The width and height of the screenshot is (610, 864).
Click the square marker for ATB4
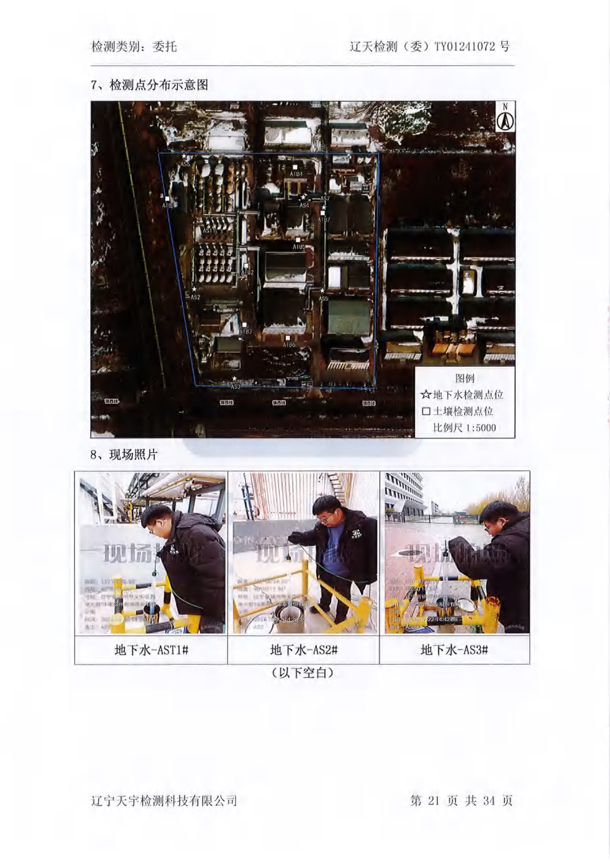click(295, 167)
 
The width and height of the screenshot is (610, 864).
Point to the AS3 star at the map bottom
click(234, 379)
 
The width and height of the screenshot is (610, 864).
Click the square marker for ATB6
click(288, 337)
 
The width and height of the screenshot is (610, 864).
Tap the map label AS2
click(195, 297)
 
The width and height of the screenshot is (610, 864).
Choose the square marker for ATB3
click(245, 325)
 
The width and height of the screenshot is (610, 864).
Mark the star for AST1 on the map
click(208, 223)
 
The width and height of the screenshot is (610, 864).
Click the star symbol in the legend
click(426, 395)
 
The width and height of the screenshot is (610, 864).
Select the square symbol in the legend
click(426, 411)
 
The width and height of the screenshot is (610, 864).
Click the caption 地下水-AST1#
click(151, 650)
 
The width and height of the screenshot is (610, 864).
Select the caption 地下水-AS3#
click(454, 650)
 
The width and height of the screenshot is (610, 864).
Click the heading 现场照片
click(133, 454)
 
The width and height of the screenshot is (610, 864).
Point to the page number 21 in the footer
click(433, 801)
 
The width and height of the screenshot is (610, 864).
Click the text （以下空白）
click(303, 673)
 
